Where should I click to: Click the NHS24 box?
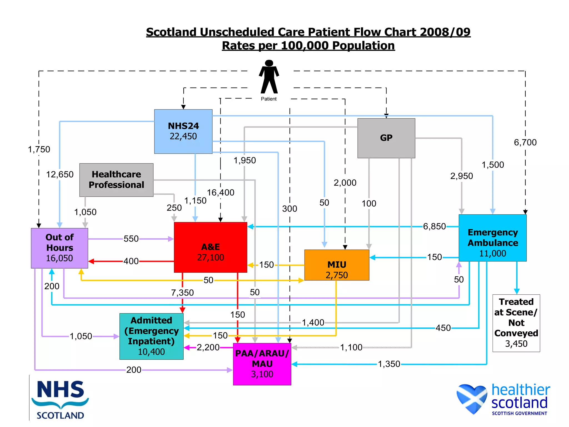tap(183, 131)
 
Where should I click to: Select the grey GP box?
tap(386, 138)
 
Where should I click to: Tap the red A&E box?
tap(210, 247)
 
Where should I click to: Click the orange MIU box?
tap(337, 265)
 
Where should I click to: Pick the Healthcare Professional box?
tap(116, 180)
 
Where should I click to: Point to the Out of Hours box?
tap(59, 248)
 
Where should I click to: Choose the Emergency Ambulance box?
tap(493, 238)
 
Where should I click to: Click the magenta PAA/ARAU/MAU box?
tap(262, 364)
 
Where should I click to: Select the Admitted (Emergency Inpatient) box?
tap(151, 336)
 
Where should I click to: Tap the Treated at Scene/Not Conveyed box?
tap(516, 323)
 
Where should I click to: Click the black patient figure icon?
tap(269, 77)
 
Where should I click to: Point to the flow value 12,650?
tap(60, 175)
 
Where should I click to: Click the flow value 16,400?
tap(221, 192)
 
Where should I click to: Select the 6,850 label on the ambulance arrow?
tap(434, 227)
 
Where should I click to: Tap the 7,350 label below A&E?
tap(182, 293)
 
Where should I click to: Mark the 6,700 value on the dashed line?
tap(525, 143)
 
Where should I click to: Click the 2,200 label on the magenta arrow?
tap(208, 347)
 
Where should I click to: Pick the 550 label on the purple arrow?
tap(131, 239)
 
